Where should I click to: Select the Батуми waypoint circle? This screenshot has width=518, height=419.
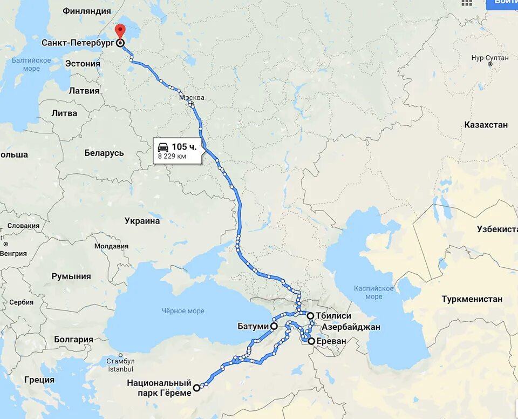click(x=274, y=326)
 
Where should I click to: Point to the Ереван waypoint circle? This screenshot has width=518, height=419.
click(x=311, y=341)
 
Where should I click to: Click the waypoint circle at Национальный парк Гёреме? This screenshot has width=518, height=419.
click(x=196, y=387)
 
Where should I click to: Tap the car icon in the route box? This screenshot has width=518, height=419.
click(x=163, y=146)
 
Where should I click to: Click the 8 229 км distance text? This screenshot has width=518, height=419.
click(x=172, y=157)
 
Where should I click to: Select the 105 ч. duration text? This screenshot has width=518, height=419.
click(x=184, y=146)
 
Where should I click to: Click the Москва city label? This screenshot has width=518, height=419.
click(x=192, y=98)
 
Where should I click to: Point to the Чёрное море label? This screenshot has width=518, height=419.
click(x=182, y=311)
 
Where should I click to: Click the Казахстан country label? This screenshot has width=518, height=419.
click(x=486, y=125)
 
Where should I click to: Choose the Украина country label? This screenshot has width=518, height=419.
click(x=142, y=221)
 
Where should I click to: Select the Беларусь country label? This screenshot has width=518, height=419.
click(x=104, y=153)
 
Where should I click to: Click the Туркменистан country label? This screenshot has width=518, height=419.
click(x=472, y=299)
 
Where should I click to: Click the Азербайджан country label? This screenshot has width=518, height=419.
click(x=351, y=327)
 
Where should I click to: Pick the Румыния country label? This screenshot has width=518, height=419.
click(x=71, y=276)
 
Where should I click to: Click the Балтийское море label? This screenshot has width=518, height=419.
click(x=31, y=64)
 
